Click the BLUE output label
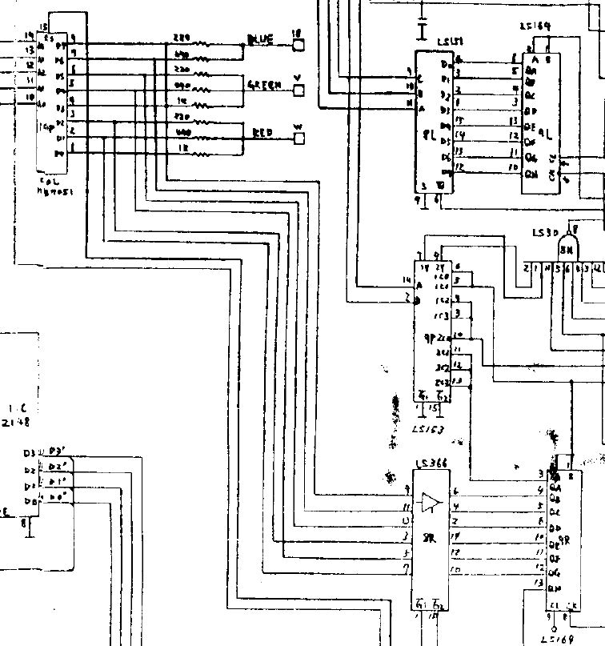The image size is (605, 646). click(262, 38)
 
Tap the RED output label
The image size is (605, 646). click(262, 133)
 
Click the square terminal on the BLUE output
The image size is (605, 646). click(299, 45)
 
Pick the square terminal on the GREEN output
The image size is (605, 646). click(299, 91)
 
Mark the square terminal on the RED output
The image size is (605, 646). click(299, 138)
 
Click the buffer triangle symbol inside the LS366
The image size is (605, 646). click(431, 502)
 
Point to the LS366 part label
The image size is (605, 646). click(431, 464)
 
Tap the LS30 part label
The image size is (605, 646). click(546, 233)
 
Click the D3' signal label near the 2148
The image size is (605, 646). click(57, 451)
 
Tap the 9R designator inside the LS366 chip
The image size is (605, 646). click(430, 539)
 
